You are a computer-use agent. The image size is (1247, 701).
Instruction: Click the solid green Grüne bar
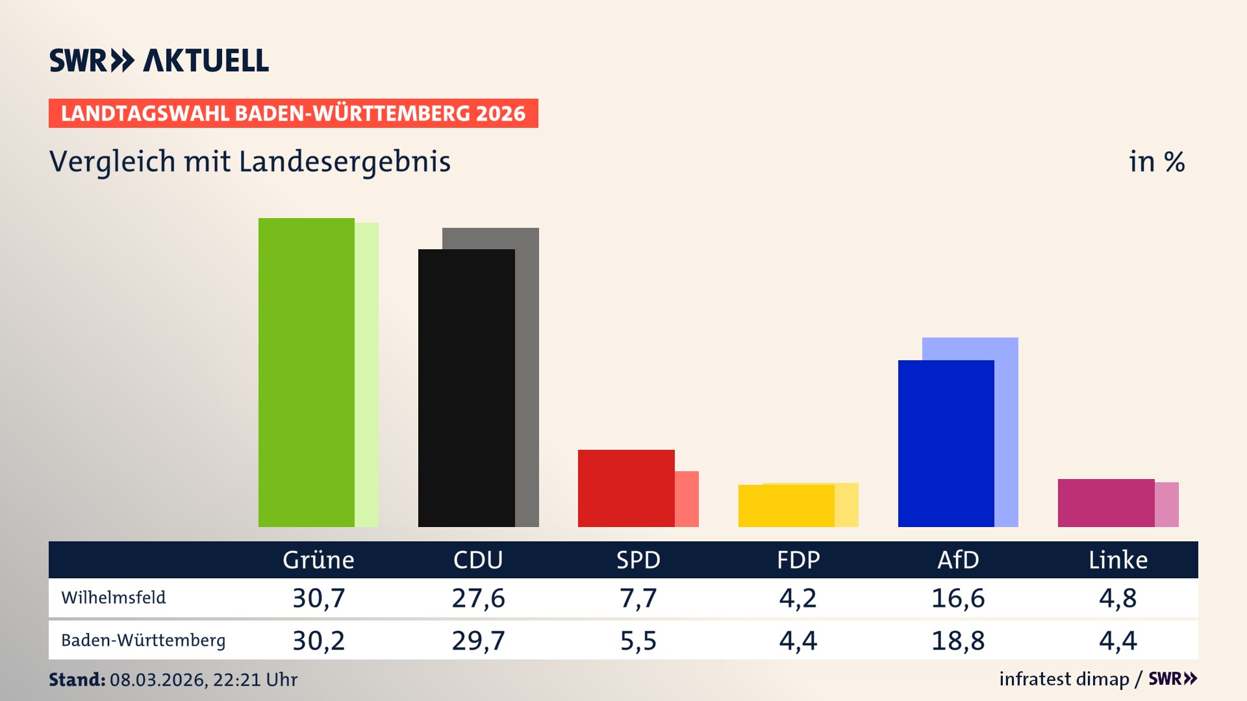(306, 373)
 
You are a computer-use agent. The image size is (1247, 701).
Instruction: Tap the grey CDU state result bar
(527, 376)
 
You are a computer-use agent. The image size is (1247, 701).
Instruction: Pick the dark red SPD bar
(626, 488)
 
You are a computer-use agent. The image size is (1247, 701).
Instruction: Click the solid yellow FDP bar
(786, 506)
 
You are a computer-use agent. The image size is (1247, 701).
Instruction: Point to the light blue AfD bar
(1006, 428)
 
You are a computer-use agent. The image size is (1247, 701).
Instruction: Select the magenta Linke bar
(1106, 503)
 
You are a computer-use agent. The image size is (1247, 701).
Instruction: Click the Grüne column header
(318, 560)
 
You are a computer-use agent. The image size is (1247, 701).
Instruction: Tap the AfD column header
(958, 560)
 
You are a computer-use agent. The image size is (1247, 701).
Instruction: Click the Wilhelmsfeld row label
(114, 598)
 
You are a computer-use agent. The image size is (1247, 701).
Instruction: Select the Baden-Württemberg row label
(143, 641)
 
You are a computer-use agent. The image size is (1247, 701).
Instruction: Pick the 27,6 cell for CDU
(479, 598)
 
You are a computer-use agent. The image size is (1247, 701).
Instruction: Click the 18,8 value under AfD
(958, 641)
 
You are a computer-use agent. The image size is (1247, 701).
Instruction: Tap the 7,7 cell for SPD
(638, 598)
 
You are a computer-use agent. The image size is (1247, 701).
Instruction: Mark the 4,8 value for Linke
(1118, 598)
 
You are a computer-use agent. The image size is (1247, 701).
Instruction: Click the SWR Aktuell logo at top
(159, 60)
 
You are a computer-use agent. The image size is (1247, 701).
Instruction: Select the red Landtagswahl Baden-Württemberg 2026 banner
(293, 113)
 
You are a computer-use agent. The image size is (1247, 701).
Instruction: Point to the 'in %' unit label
(1157, 162)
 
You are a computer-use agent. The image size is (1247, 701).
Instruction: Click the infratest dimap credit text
(1064, 679)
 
